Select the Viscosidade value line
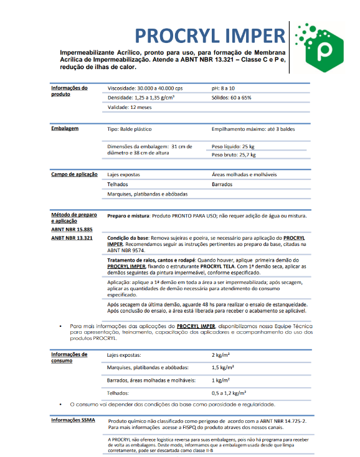click(145, 88)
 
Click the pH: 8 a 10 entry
click(227, 88)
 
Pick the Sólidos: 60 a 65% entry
click(231, 98)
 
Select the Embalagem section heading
click(65, 128)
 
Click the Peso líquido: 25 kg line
click(234, 146)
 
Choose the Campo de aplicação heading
click(74, 174)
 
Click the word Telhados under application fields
click(118, 184)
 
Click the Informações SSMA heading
click(73, 421)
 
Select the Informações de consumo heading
click(69, 357)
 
